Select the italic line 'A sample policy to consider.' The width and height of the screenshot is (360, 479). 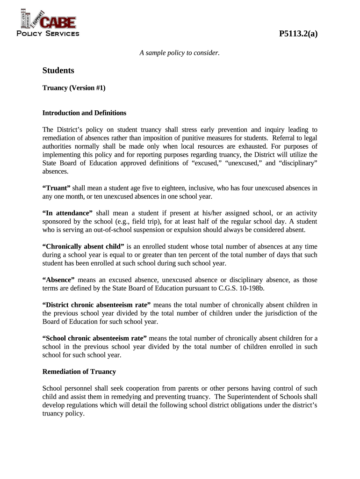coord(180,53)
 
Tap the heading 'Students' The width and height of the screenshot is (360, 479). coord(58,71)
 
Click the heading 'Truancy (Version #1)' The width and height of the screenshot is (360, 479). coord(74,87)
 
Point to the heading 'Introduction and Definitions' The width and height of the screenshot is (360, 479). coord(84,113)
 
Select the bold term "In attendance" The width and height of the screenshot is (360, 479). coord(67,213)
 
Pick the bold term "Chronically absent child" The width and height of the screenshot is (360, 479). coord(83,247)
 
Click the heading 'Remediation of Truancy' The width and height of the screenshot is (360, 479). coord(79,372)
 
